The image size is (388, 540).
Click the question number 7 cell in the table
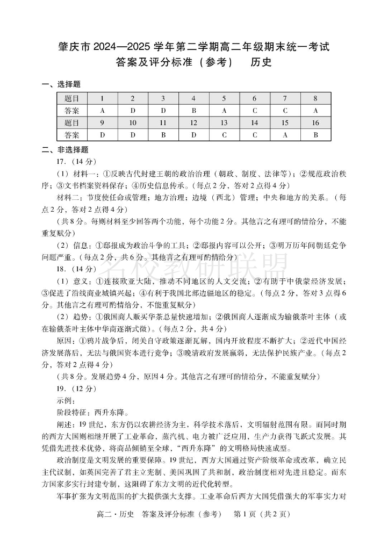click(x=285, y=98)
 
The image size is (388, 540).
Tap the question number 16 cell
click(x=315, y=123)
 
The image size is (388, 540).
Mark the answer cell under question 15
click(x=285, y=135)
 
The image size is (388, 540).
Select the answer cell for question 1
click(x=102, y=111)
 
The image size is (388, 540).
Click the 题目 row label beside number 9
click(x=71, y=123)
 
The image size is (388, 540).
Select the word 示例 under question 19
click(x=66, y=400)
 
